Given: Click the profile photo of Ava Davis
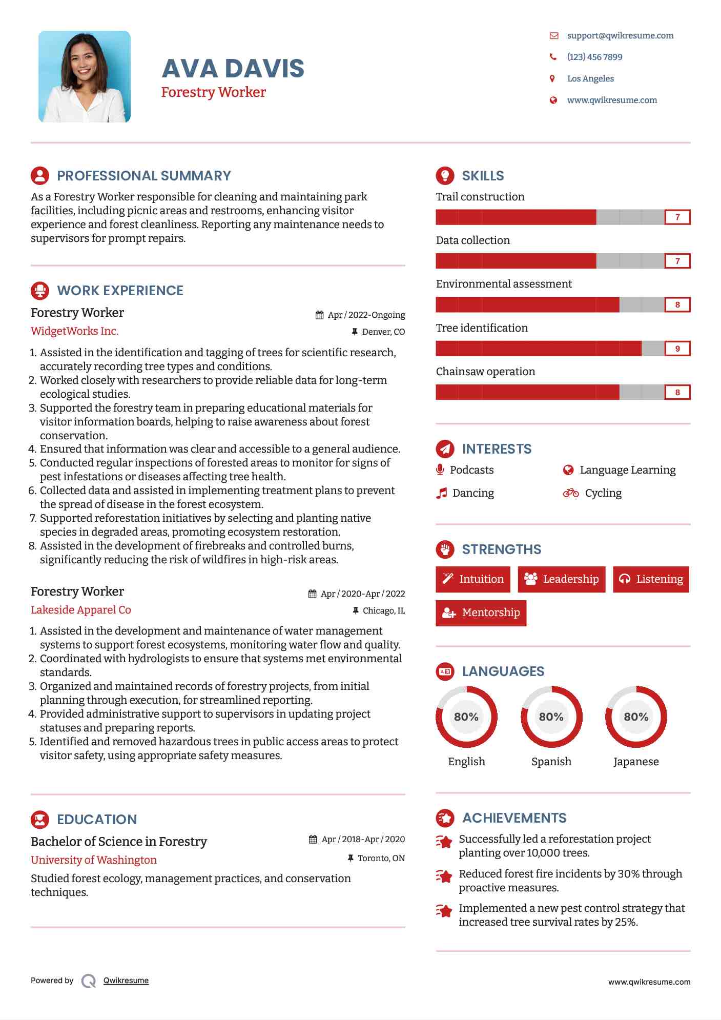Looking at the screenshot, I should [x=85, y=76].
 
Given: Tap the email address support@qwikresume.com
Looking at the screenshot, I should [x=620, y=35].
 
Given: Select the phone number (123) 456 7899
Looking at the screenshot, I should [x=594, y=57].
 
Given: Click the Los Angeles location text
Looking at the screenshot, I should [x=590, y=78].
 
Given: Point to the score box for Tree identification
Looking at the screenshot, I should [x=677, y=349].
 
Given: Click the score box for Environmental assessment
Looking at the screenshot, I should [x=677, y=305].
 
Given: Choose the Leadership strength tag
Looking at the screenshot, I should [x=561, y=579].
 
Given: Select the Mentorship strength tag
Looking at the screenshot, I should [x=481, y=613].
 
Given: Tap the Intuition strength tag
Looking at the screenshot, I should [x=473, y=579].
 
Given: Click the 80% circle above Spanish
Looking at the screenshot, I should [x=551, y=717].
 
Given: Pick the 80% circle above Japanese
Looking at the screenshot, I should [x=636, y=717].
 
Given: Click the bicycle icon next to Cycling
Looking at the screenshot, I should [x=570, y=493].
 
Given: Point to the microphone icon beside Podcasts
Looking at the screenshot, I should [x=440, y=470].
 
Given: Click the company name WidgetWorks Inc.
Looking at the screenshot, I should [x=74, y=331].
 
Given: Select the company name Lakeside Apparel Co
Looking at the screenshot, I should [x=80, y=610].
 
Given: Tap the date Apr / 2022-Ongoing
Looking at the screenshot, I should [x=366, y=315].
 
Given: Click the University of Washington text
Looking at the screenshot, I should [x=93, y=860].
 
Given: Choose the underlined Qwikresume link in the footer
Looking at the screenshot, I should [x=126, y=981].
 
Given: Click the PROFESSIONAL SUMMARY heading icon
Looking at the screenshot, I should [x=40, y=176].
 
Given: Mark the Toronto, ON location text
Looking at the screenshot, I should [x=381, y=858].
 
